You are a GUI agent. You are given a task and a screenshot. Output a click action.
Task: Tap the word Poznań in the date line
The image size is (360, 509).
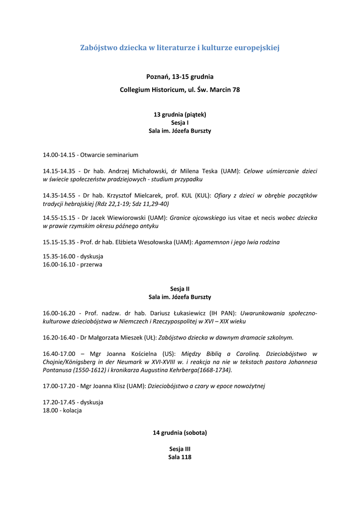(x=158, y=77)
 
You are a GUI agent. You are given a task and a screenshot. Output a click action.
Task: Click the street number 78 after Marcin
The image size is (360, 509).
(x=236, y=90)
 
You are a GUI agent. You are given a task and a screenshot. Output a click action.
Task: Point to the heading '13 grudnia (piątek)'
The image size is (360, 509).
(x=180, y=114)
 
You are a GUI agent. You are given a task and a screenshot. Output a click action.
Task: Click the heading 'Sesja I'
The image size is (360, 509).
(x=180, y=122)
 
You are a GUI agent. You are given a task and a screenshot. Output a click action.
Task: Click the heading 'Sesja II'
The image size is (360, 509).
(x=180, y=288)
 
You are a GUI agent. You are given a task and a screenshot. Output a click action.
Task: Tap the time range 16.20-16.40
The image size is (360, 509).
(x=59, y=338)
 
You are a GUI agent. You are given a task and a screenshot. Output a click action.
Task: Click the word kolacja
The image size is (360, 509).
(x=72, y=411)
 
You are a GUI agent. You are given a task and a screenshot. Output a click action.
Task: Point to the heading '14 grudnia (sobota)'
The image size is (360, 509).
(x=180, y=432)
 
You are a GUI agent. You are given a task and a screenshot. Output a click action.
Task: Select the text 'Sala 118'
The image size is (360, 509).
(x=180, y=457)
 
